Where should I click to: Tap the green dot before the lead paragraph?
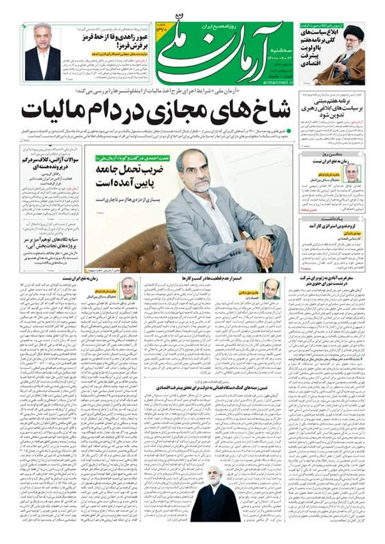(289, 131)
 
